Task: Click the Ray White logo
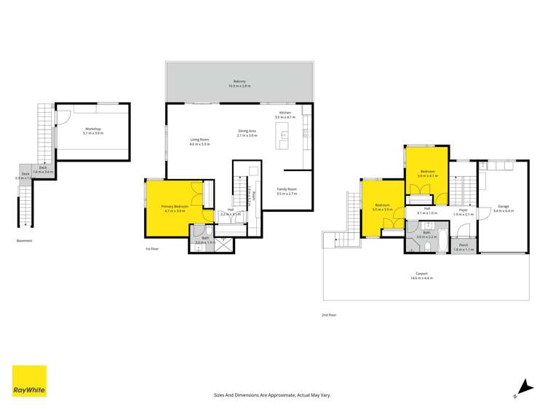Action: click(29, 381)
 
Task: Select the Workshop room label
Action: click(92, 129)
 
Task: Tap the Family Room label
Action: click(287, 189)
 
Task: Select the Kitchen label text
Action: click(285, 113)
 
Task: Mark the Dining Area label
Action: click(248, 132)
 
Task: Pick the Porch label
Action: click(462, 246)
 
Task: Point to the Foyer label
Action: click(463, 211)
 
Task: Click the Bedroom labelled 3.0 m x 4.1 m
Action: click(426, 172)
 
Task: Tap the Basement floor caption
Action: click(25, 241)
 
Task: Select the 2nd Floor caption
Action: click(329, 314)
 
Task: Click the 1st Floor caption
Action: click(151, 249)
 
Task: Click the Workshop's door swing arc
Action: click(64, 114)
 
